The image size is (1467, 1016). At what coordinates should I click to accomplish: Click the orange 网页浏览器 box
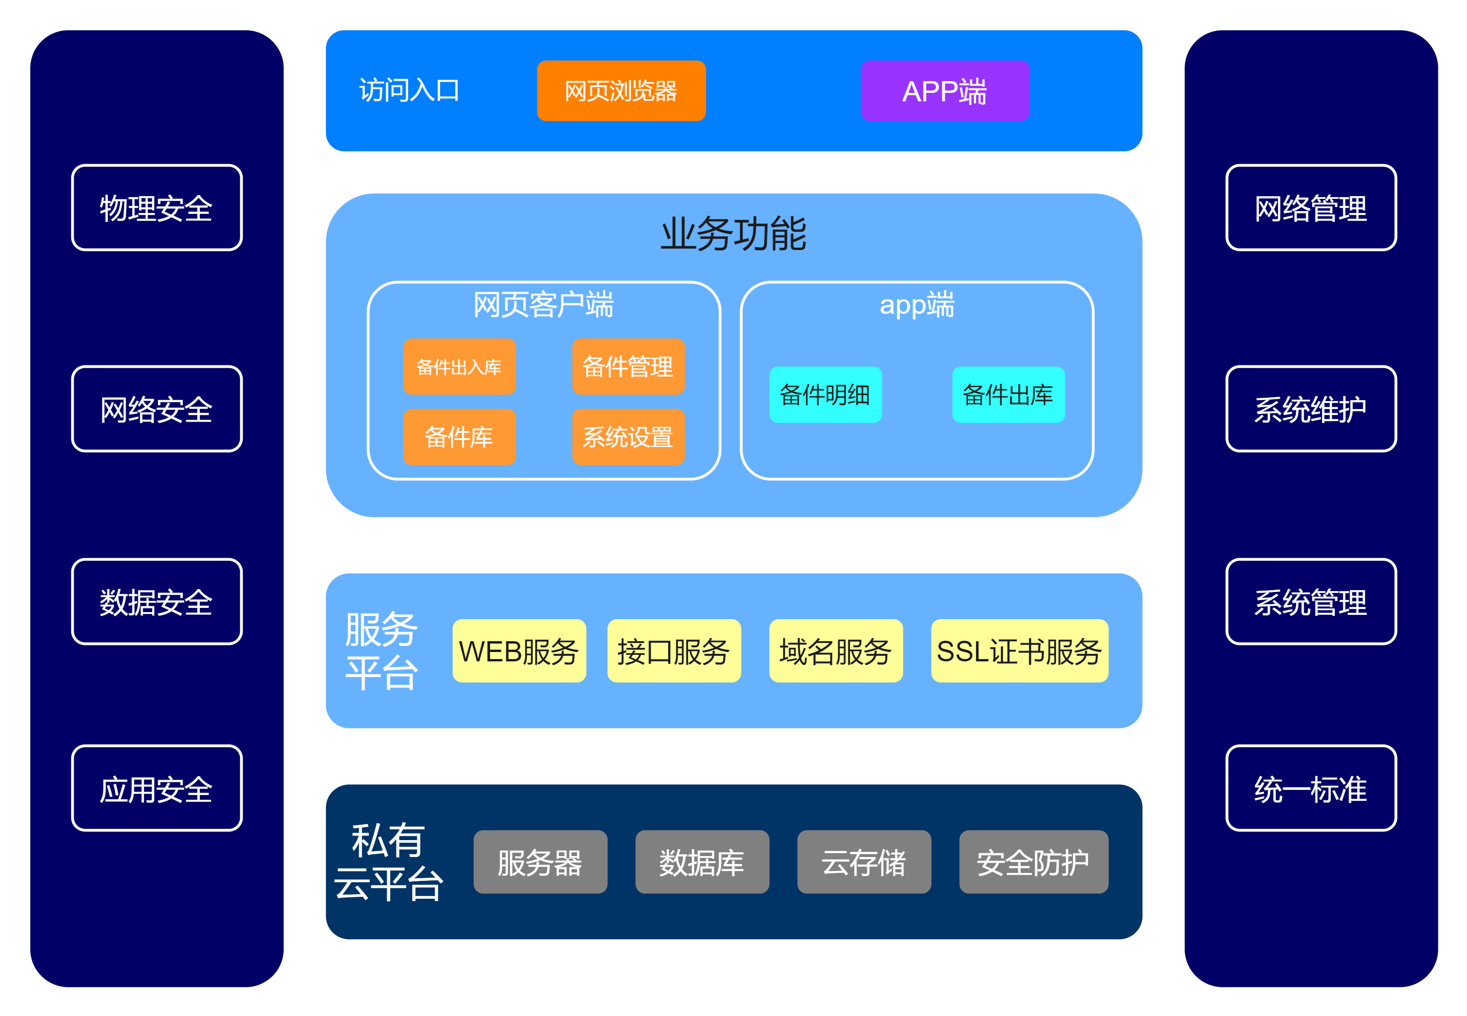(x=621, y=91)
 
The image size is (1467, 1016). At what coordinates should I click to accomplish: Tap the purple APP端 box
(x=945, y=91)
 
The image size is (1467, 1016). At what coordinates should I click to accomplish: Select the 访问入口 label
(x=409, y=91)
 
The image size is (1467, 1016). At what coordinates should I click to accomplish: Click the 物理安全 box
(x=157, y=207)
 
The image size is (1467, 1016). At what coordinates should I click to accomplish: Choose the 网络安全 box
(x=157, y=409)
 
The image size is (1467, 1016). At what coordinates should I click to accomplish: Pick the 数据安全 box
(x=157, y=601)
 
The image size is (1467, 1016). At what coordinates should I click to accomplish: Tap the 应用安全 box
(x=157, y=788)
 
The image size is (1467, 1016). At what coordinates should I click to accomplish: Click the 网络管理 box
(x=1311, y=207)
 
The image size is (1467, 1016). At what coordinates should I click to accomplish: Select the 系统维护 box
(x=1311, y=409)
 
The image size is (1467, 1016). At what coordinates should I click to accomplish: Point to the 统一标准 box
(x=1311, y=788)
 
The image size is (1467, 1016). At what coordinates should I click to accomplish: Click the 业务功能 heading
(x=733, y=234)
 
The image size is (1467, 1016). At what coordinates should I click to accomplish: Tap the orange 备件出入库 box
(x=459, y=367)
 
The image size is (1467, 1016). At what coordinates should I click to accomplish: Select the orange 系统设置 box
(x=628, y=437)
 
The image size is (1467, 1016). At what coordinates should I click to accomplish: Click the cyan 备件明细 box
(x=825, y=394)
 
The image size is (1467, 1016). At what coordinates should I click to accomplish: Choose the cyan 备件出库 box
(x=1008, y=394)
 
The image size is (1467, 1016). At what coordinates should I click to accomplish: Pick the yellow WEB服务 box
(x=519, y=651)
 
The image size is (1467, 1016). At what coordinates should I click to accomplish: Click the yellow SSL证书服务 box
(x=1019, y=651)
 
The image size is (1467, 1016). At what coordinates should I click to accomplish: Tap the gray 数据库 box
(x=702, y=862)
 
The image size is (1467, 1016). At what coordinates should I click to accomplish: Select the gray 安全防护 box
(x=1033, y=862)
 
